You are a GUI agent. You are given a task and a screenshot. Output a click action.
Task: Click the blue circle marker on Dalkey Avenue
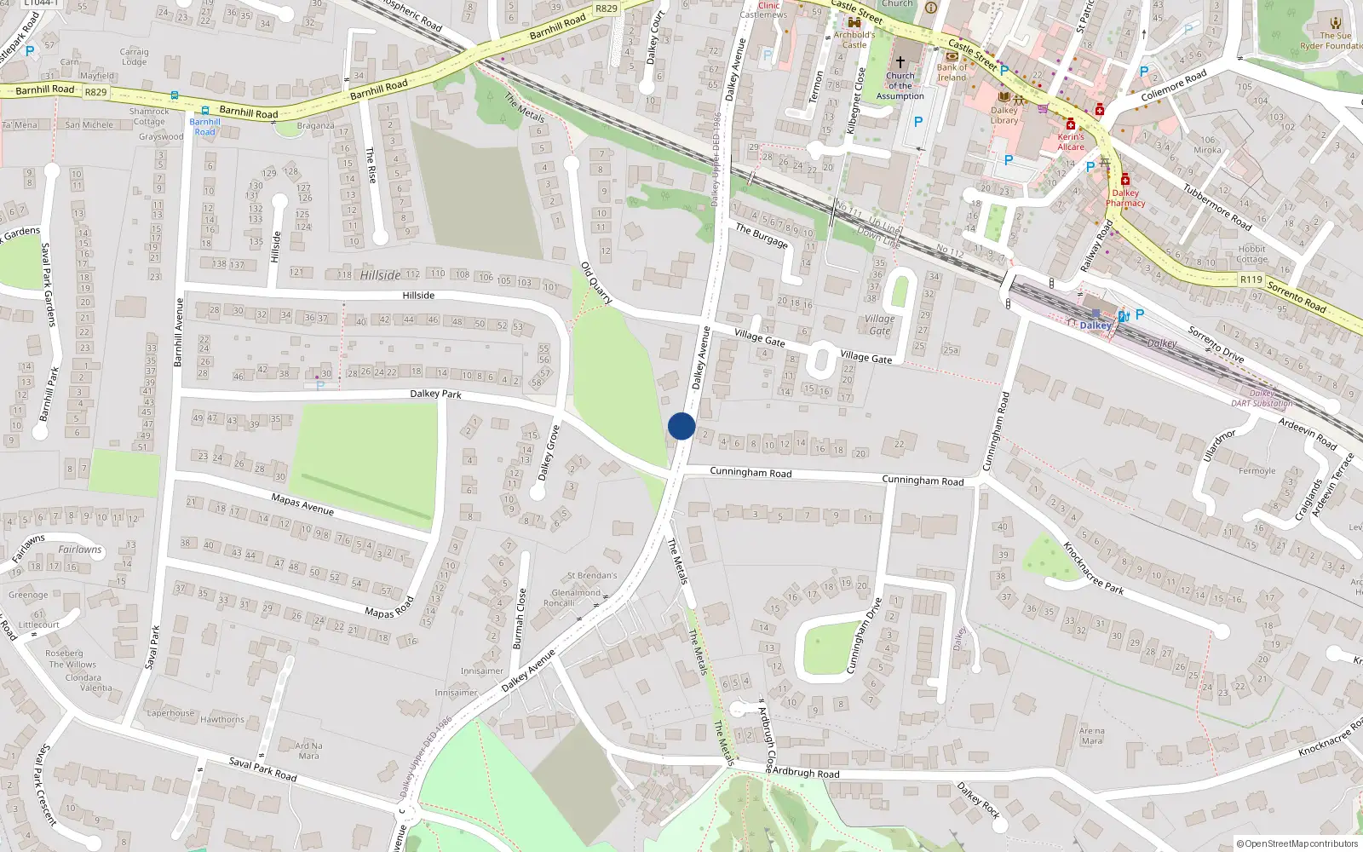pyautogui.click(x=681, y=426)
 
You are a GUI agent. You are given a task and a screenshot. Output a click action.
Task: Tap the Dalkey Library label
pyautogui.click(x=1004, y=115)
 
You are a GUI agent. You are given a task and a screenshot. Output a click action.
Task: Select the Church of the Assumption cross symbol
pyautogui.click(x=900, y=61)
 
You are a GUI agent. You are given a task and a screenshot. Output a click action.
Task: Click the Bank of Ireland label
pyautogui.click(x=952, y=72)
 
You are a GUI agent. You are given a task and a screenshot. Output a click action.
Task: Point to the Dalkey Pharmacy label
pyautogui.click(x=1125, y=198)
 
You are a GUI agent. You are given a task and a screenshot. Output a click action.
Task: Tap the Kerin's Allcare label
pyautogui.click(x=1071, y=141)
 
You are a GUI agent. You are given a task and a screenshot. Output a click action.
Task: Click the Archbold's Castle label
pyautogui.click(x=854, y=40)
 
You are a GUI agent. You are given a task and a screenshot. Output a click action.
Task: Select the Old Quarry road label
pyautogui.click(x=596, y=283)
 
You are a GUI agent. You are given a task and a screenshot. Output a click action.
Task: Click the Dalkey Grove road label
pyautogui.click(x=549, y=452)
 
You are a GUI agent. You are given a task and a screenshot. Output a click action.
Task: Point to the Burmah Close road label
pyautogui.click(x=520, y=619)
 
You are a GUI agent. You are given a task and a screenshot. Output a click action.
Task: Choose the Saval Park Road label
pyautogui.click(x=262, y=769)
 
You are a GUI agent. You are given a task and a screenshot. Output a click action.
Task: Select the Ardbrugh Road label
pyautogui.click(x=805, y=773)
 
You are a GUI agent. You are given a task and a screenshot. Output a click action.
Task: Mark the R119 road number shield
pyautogui.click(x=1251, y=279)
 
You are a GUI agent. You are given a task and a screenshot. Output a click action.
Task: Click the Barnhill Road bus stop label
pyautogui.click(x=204, y=127)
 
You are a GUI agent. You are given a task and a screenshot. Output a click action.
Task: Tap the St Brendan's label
pyautogui.click(x=592, y=576)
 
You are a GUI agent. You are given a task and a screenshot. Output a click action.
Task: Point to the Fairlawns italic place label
pyautogui.click(x=80, y=550)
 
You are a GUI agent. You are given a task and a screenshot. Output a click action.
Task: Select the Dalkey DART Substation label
pyautogui.click(x=1262, y=399)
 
